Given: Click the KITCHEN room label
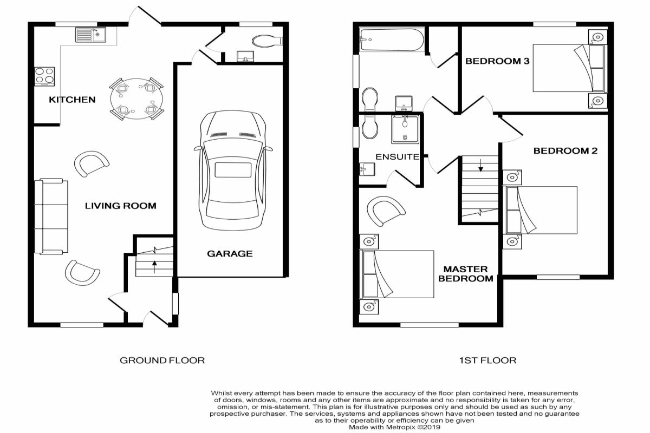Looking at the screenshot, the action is pos(72,100).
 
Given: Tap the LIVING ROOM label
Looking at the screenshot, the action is pos(120,206).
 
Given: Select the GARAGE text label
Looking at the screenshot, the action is pos(230,254).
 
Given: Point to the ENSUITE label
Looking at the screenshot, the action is pos(397,157).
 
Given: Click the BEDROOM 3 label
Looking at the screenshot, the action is pos(497,61).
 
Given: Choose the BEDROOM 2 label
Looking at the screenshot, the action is pos(565,151).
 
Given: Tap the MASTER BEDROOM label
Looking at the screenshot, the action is pos(465,274).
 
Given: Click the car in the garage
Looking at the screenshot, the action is pos(233,170).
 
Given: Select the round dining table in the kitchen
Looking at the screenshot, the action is pos(136,99).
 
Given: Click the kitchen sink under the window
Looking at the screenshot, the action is pos(91,35).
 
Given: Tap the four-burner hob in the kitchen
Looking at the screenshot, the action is pos(44,76).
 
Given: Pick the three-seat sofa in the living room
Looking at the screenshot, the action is pos(51,216).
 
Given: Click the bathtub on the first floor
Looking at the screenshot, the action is pos(392,40).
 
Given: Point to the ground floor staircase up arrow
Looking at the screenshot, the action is pos(155,267).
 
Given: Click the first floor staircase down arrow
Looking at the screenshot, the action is pos(481,165).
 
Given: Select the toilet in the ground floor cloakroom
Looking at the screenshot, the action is pos(267,41).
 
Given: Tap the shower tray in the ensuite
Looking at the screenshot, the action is pos(405,129).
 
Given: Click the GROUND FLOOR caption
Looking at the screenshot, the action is pos(162,360).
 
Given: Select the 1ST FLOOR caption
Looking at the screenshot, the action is pos(487,360).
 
